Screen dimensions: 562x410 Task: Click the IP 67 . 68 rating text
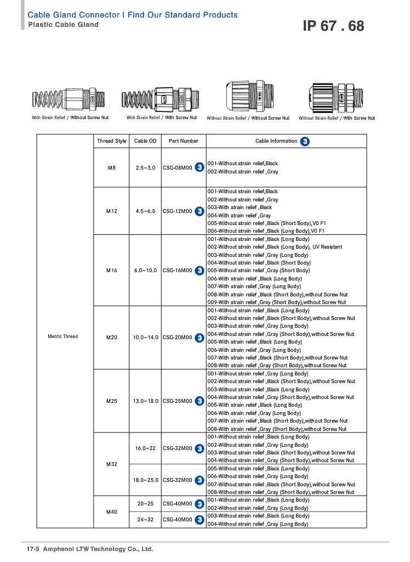[x=333, y=26]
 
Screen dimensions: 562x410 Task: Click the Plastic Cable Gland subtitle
[x=63, y=25]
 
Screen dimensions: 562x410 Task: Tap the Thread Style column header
[x=112, y=141]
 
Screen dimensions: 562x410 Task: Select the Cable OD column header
[x=145, y=141]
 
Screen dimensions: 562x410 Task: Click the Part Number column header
[x=184, y=141]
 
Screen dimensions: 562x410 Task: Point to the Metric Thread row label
[x=63, y=336]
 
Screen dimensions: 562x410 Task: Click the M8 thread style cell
[x=112, y=167]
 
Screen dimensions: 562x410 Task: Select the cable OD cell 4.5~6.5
[x=145, y=211]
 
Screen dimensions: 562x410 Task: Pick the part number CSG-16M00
[x=178, y=271]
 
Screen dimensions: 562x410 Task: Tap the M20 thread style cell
[x=112, y=338]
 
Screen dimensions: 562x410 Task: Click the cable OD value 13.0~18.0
[x=145, y=401]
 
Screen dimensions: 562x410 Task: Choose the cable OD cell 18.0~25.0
[x=145, y=480]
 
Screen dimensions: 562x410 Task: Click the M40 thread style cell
[x=112, y=512]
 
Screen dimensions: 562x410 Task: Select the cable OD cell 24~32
[x=145, y=520]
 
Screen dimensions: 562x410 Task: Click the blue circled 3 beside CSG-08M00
[x=200, y=167]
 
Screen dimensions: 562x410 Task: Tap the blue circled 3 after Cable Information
[x=305, y=141]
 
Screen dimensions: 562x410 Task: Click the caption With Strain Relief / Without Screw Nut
[x=70, y=118]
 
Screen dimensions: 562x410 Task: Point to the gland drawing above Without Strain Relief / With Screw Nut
[x=337, y=98]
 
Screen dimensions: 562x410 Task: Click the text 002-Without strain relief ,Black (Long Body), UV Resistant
[x=275, y=247]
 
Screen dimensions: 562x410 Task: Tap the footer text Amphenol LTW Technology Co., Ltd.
[x=98, y=549]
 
